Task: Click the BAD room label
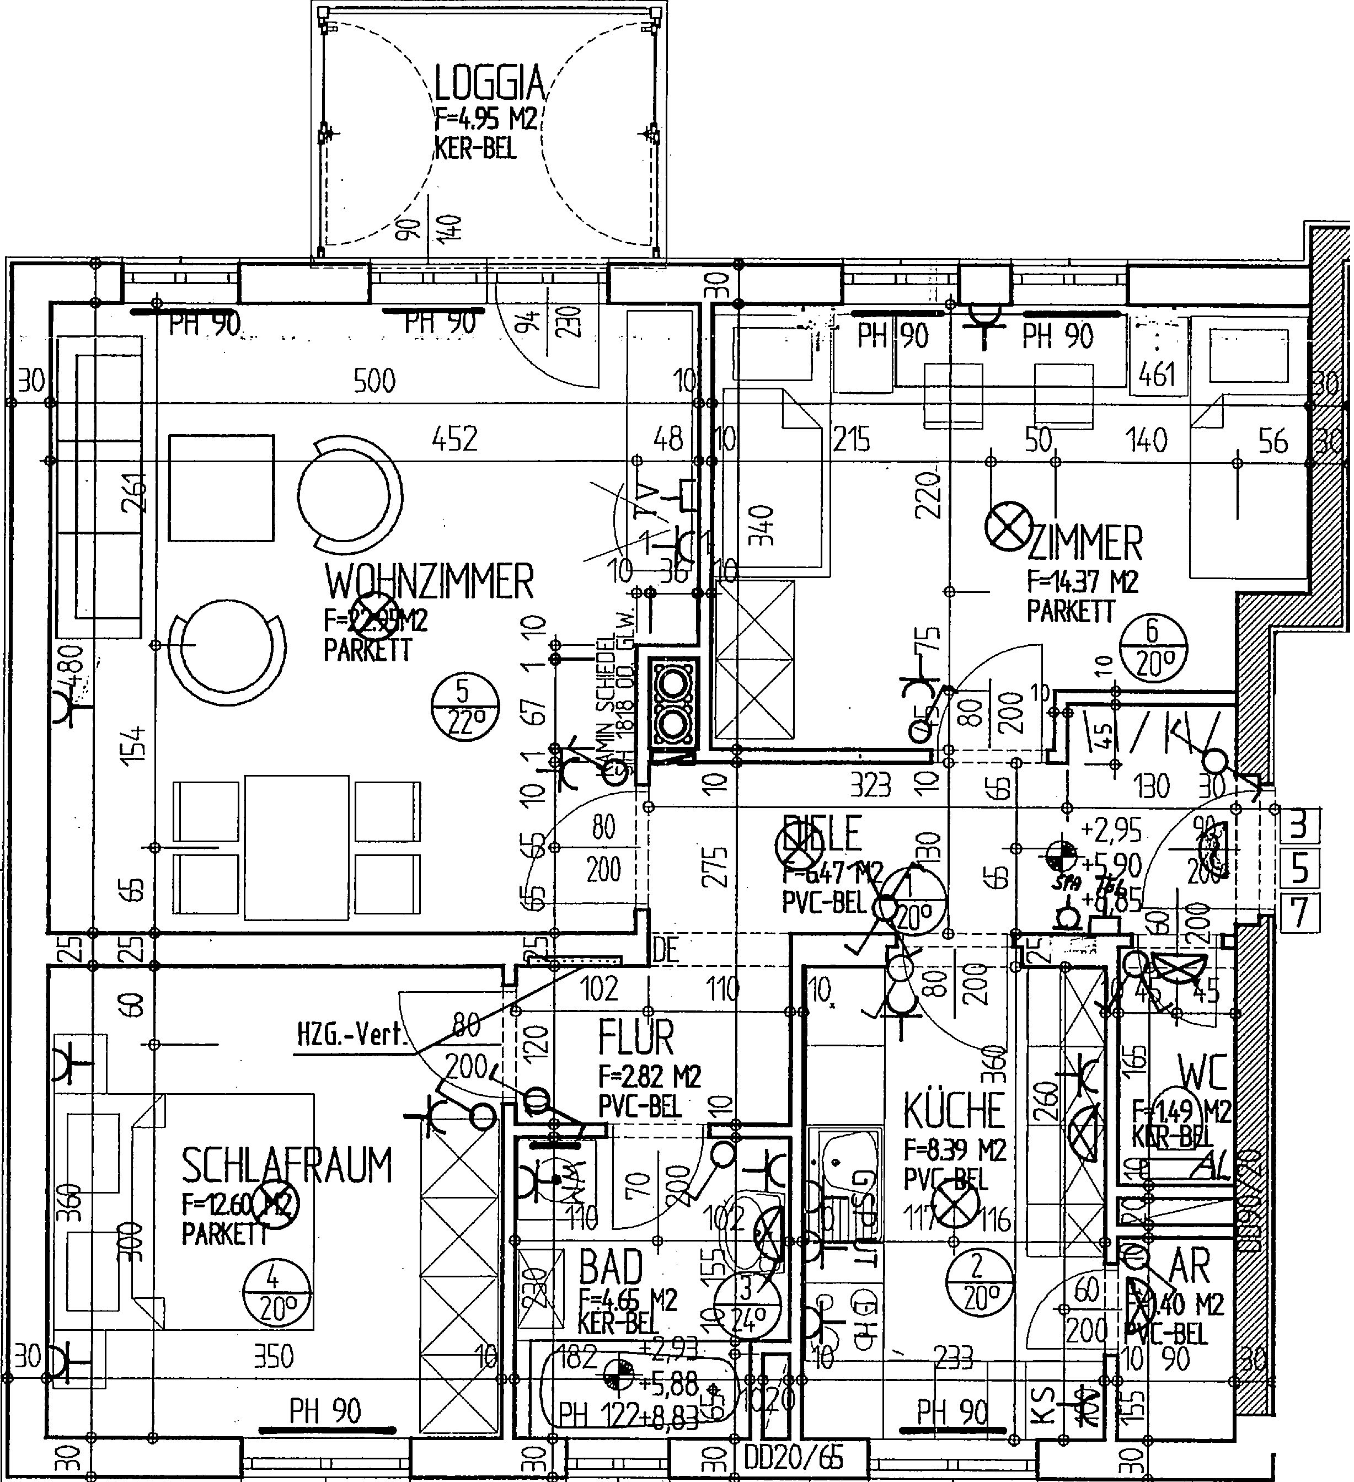pyautogui.click(x=610, y=1266)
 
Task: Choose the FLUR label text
pyautogui.click(x=635, y=1037)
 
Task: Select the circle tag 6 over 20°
pyautogui.click(x=1153, y=647)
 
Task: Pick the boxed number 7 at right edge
pyautogui.click(x=1299, y=913)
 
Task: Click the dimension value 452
pyautogui.click(x=454, y=439)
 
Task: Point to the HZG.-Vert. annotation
pyautogui.click(x=351, y=1036)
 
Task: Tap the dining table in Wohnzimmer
pyautogui.click(x=297, y=847)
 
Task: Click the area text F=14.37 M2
pyautogui.click(x=1082, y=583)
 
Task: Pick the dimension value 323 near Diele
pyautogui.click(x=870, y=786)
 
